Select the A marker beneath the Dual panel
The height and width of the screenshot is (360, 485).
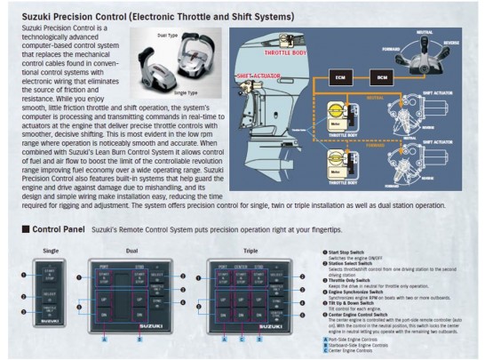coord(105,339)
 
